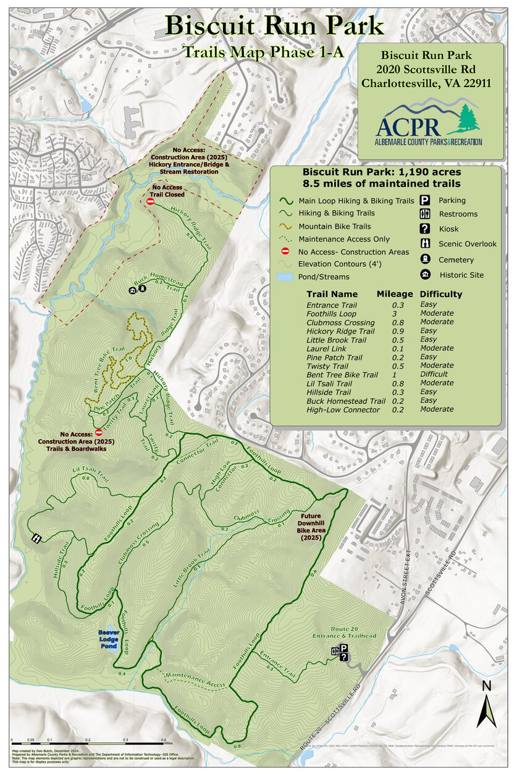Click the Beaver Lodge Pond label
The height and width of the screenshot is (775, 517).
coord(107,637)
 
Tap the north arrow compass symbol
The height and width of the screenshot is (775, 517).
coord(487,704)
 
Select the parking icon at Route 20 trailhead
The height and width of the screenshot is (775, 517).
coord(344,648)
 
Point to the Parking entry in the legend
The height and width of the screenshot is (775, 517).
coord(452,201)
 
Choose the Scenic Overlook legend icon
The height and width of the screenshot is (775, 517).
coord(426,244)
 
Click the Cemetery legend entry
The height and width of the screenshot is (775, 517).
coord(456,260)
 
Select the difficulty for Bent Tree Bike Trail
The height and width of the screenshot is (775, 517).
coord(436,375)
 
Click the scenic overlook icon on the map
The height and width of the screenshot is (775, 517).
coord(37,538)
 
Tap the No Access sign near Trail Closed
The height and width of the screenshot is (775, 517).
coord(150,201)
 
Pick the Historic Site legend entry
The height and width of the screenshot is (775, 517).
coord(461,275)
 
